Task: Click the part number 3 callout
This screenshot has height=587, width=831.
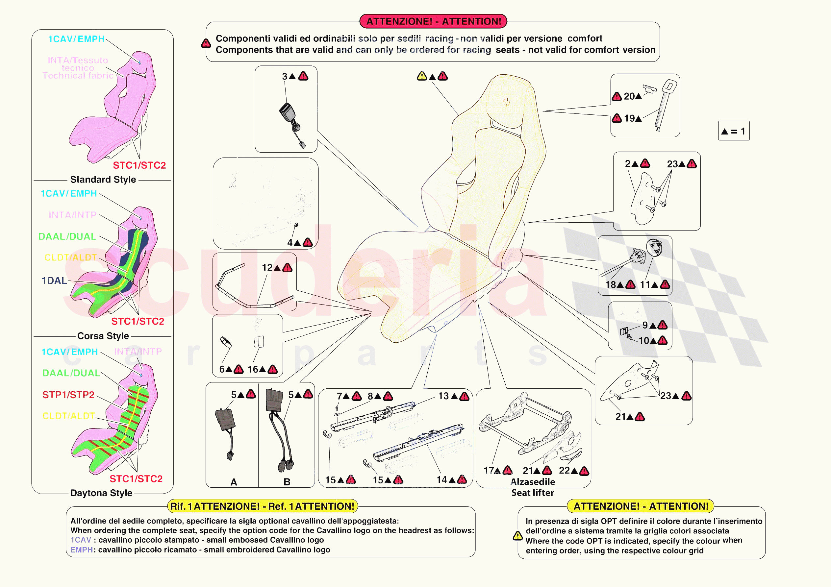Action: coord(285,76)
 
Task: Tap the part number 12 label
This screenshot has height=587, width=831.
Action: coord(267,267)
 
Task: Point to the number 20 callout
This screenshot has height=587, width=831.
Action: coord(629,96)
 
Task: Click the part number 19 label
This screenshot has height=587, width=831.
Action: coord(629,118)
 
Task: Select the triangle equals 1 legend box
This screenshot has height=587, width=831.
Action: coord(733,131)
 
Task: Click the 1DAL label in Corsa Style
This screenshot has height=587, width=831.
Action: coord(54,281)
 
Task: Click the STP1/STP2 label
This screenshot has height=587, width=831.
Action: coord(68,395)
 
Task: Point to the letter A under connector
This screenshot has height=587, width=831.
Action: coord(234,482)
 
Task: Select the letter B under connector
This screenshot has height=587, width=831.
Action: coord(287,482)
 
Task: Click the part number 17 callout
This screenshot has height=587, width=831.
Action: coord(489,470)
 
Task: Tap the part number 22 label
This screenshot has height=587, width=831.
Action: coord(564,470)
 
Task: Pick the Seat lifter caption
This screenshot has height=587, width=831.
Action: coord(532,493)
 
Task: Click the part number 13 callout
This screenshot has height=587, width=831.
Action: coord(443,396)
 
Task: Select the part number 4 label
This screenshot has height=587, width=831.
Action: coord(290,242)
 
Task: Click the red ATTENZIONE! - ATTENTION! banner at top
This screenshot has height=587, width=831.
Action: coord(433,21)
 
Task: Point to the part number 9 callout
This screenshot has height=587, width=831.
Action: coord(645,325)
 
